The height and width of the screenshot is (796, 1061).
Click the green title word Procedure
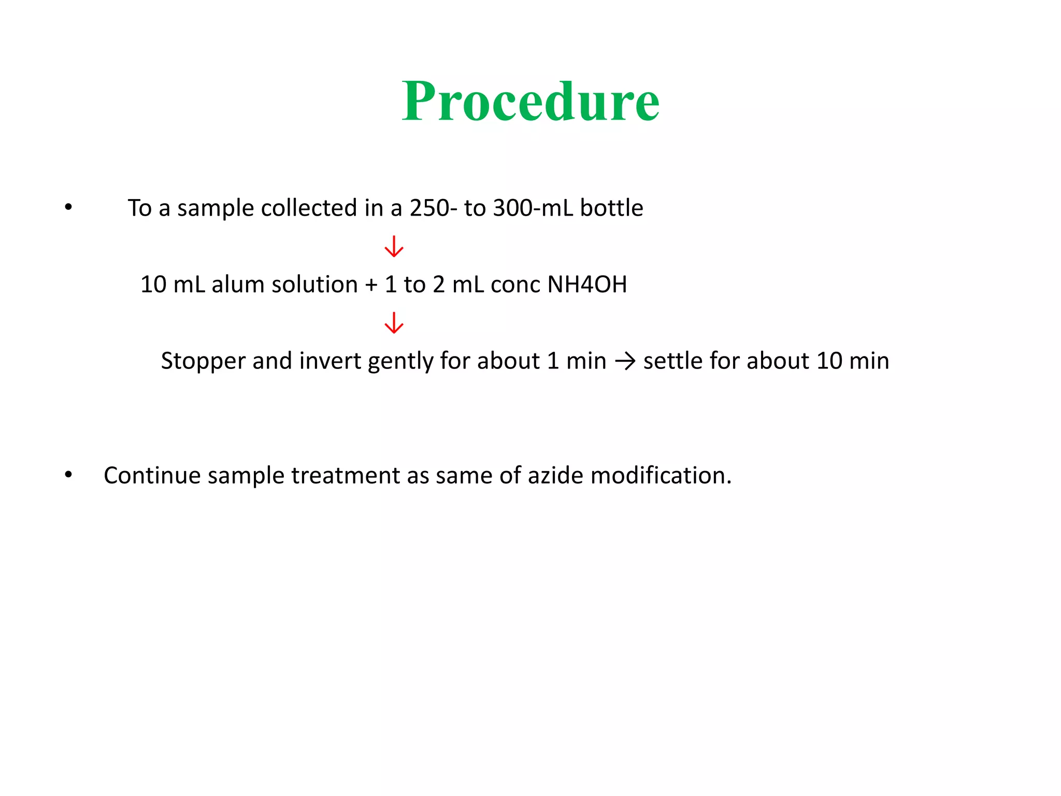(530, 102)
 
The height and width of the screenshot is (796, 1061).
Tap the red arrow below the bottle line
(394, 247)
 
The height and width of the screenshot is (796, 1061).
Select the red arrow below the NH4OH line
(394, 323)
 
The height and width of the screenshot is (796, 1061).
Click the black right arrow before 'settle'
(625, 361)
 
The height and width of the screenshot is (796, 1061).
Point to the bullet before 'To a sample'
(68, 207)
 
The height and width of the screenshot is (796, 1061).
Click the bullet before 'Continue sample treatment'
(68, 475)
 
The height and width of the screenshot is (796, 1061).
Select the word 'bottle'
(611, 208)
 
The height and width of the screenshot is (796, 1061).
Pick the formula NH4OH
(587, 285)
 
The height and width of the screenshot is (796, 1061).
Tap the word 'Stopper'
(203, 361)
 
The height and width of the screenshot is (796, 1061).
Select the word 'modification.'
(661, 476)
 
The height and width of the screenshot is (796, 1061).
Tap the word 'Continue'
(152, 476)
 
